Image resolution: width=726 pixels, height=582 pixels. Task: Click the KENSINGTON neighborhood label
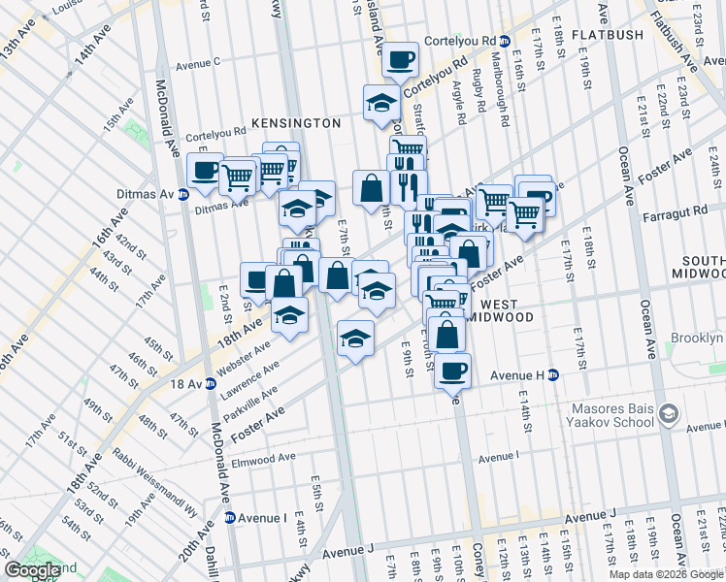click(x=296, y=123)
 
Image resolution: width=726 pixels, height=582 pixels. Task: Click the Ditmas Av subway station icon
click(x=183, y=194)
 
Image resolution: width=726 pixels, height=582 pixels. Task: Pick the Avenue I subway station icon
click(x=230, y=518)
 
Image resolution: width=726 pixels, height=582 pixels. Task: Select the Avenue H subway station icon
click(x=553, y=374)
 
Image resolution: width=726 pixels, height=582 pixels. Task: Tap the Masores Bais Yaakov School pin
click(x=669, y=414)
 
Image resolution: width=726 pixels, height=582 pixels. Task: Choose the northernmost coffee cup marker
click(x=400, y=60)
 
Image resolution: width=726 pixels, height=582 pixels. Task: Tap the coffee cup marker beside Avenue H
click(x=451, y=370)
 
